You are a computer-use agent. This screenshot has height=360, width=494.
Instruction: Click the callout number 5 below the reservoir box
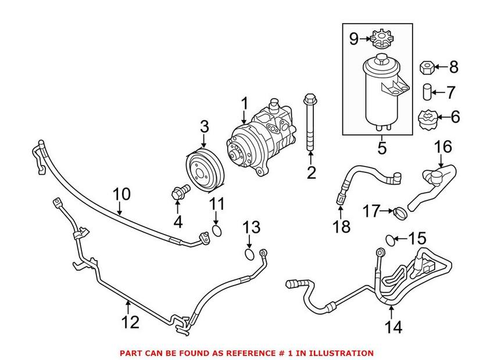(382, 147)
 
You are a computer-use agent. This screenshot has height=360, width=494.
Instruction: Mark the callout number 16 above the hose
(443, 146)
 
